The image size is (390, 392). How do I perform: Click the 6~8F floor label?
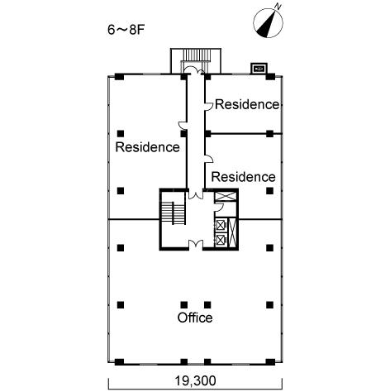tap(126, 30)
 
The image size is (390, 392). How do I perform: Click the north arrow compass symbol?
tap(268, 23)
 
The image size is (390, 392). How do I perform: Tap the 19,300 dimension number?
tap(196, 380)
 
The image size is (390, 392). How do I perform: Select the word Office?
tap(195, 318)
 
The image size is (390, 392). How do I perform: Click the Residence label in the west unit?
tap(147, 147)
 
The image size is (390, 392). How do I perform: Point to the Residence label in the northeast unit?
tap(247, 104)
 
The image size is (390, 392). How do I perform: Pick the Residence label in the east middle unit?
tap(243, 177)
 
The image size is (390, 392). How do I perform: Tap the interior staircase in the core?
tap(173, 213)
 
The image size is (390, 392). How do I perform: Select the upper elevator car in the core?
tap(221, 225)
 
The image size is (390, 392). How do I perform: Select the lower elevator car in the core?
tap(221, 241)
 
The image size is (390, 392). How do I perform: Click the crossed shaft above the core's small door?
tap(226, 197)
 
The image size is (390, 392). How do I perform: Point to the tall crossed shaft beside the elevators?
tap(232, 232)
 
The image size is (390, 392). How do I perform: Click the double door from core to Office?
tap(196, 244)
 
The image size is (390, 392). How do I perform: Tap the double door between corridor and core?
tap(196, 194)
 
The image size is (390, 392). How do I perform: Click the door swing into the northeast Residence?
tap(209, 107)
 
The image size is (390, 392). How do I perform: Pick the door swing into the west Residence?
tap(183, 126)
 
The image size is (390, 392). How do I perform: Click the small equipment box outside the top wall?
tap(259, 69)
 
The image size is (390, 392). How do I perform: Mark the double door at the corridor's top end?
tap(195, 70)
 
